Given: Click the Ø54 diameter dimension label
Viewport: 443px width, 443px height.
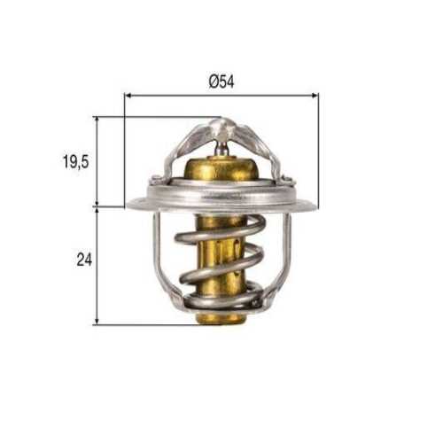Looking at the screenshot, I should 221,81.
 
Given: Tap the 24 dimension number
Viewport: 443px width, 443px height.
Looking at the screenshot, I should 84,260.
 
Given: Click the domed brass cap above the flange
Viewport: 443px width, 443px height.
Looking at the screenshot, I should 221,173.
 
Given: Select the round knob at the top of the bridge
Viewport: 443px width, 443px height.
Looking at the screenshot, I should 222,128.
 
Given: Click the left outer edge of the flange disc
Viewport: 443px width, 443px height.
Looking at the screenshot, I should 130,205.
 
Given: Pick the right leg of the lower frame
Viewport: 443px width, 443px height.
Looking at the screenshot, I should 286,257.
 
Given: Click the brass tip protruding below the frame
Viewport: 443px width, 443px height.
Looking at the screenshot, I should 220,317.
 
